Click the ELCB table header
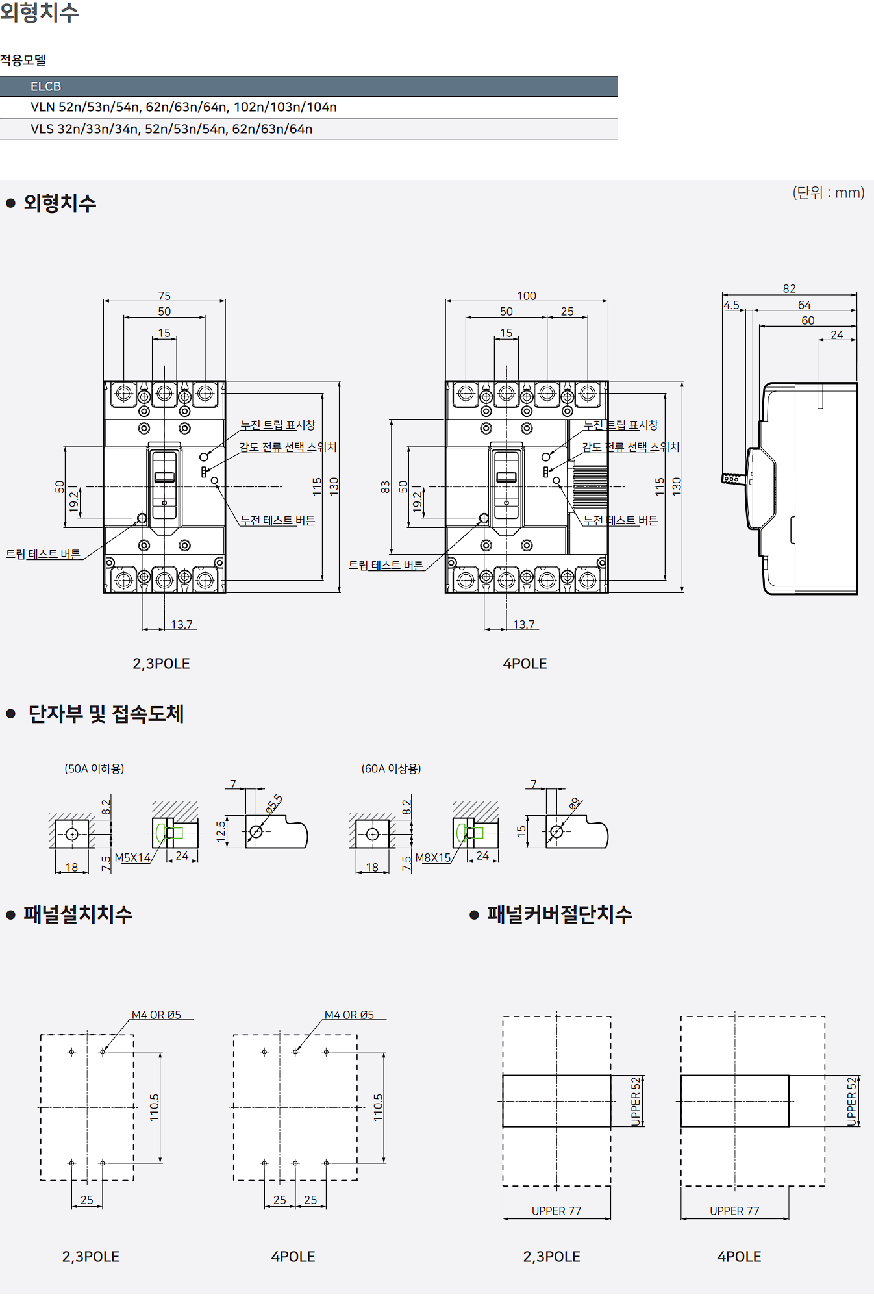(45, 86)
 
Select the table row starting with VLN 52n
(183, 107)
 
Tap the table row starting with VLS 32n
(171, 129)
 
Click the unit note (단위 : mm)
(828, 193)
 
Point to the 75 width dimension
(164, 296)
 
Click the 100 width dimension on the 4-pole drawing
(526, 296)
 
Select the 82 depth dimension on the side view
(789, 288)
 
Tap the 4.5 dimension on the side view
(731, 305)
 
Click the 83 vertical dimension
(385, 486)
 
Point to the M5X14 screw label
(132, 858)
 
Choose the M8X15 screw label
(432, 858)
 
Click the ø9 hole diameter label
(574, 804)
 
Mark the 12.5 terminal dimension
(221, 831)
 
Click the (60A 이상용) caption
(391, 769)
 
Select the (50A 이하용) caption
(94, 769)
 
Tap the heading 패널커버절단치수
(559, 914)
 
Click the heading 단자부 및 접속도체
(106, 714)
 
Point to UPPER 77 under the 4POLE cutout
(734, 1211)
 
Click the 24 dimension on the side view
(837, 335)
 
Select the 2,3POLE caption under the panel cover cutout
(551, 1257)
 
